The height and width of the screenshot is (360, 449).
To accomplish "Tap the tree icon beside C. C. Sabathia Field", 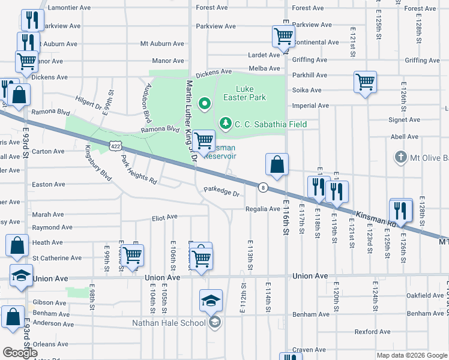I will pos(226,124).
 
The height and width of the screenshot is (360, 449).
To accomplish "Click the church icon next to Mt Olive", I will pos(400,157).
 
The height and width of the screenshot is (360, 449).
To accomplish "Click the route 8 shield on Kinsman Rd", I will pos(263,188).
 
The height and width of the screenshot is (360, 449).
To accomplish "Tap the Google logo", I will pos(20,353).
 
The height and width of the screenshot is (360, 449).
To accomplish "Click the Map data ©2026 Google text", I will pos(412,355).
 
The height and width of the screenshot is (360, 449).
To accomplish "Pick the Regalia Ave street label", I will pos(262,209).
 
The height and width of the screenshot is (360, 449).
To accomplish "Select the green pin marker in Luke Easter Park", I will pos(204,104).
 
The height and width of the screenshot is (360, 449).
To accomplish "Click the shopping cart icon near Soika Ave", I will pos(365,82).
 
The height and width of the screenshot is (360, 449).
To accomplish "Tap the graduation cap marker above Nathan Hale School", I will pos(211,300).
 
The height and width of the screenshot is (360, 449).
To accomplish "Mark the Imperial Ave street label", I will pos(310,106).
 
